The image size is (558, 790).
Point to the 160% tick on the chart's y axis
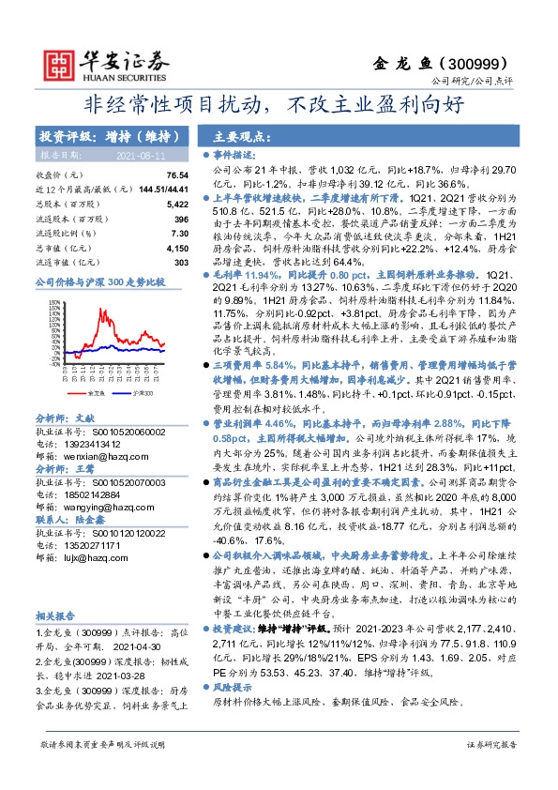[x=43, y=296]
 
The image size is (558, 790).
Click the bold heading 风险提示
[x=233, y=686]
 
